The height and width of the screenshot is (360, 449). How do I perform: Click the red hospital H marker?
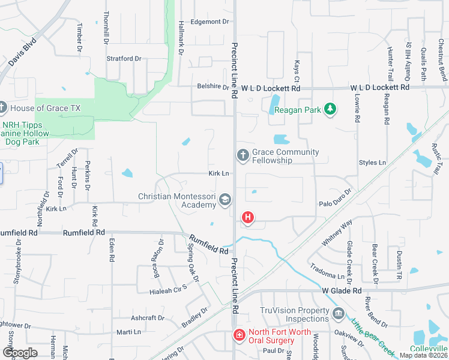coord(247,217)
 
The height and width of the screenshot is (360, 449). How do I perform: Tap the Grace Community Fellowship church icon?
coord(243,156)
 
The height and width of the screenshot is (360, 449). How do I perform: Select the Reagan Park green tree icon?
coord(329,109)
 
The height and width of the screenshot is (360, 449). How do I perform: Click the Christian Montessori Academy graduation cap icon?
coord(225,200)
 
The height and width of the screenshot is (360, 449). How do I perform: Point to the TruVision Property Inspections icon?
coord(338,314)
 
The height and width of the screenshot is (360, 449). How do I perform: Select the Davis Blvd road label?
coord(22,53)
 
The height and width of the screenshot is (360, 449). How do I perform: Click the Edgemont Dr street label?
coord(209,22)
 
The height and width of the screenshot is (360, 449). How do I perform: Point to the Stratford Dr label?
coord(124,59)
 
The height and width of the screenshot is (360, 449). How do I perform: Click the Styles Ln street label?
coord(372,163)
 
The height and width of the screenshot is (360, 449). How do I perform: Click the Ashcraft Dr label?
coord(148,318)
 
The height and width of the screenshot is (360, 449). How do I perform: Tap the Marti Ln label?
coord(128,332)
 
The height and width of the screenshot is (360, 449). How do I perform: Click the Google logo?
coord(20,353)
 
